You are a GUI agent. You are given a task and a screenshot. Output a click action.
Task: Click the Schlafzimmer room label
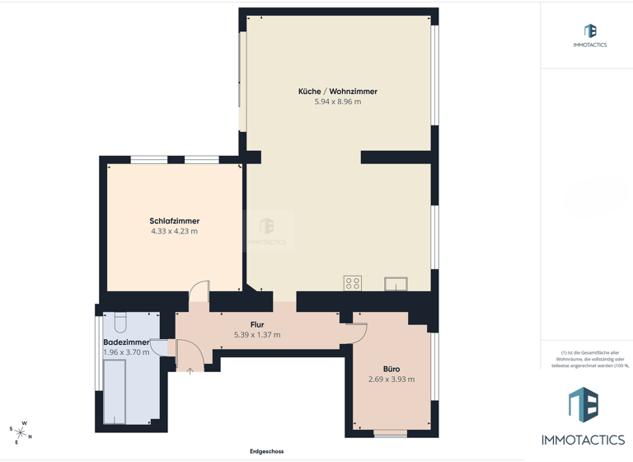point(174,221)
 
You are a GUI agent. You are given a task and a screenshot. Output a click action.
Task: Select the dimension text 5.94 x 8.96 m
point(338,101)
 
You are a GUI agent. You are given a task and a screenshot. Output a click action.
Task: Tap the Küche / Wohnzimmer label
point(338,91)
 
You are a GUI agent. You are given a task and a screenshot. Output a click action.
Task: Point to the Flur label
point(257,325)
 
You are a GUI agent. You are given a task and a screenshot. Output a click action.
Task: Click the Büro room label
point(392,369)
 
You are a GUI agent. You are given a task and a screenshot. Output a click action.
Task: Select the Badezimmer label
point(126,342)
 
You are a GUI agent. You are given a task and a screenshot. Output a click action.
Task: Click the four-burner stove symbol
point(353,283)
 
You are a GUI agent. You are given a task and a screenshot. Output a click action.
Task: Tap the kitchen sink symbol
point(396,284)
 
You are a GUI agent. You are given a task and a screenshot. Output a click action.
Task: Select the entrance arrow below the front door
point(190,371)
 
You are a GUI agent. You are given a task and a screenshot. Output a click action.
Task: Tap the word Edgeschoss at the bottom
point(267,451)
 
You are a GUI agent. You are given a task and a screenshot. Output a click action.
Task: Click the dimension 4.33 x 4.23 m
point(174,232)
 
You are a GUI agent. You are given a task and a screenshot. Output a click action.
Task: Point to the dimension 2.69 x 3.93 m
point(392,379)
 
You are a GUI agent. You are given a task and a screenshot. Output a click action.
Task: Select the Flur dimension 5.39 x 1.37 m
point(257,335)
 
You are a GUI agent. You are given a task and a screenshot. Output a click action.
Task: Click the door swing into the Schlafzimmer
point(200,293)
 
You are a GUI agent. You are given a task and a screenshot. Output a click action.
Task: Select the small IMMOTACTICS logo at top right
point(590,35)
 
